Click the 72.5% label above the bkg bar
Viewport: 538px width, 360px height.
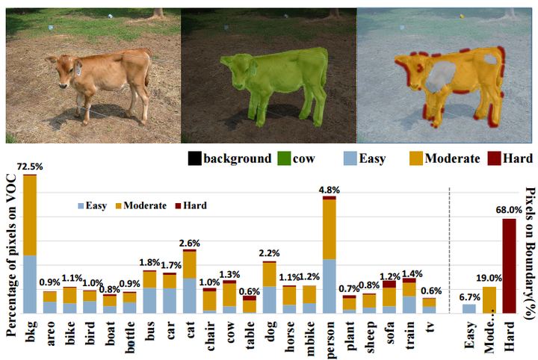tap(30, 168)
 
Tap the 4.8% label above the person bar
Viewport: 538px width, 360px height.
tap(329, 190)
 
